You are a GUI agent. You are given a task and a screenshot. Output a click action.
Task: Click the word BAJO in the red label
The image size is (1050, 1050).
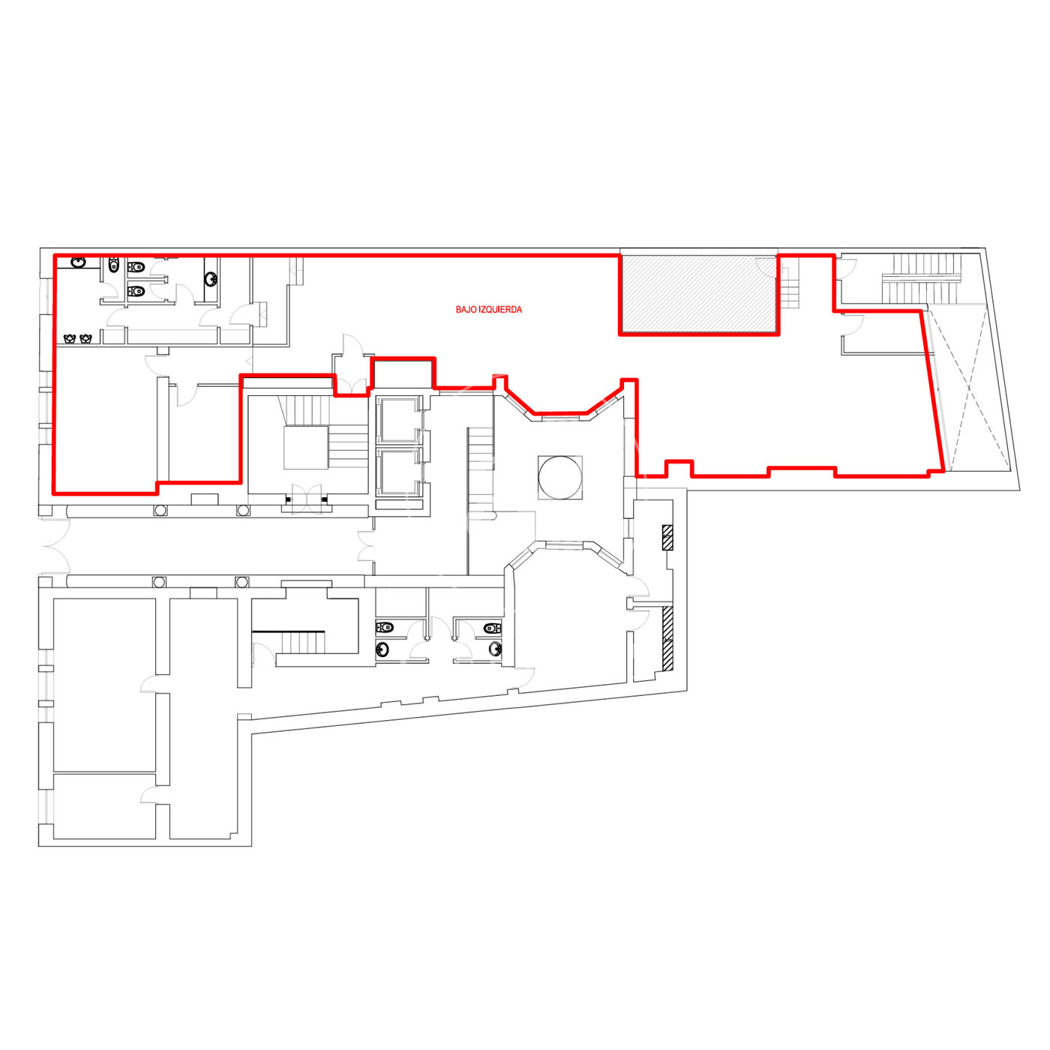coord(466,310)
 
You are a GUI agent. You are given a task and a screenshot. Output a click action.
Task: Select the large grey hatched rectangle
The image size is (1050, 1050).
coord(699,294)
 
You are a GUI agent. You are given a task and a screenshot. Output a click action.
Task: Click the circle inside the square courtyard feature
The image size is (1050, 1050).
coord(559,477)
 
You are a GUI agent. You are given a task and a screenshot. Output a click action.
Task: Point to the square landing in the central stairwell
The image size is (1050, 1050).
coord(306,447)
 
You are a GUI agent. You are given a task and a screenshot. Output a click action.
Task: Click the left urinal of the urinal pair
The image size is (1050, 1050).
coord(70,339)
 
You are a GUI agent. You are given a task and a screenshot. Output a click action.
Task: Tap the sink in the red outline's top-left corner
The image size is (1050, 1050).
coord(79,262)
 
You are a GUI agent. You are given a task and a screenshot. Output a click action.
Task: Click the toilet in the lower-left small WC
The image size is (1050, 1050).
coord(385,627)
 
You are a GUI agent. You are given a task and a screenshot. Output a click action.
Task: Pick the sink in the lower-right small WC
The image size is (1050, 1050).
coord(495,649)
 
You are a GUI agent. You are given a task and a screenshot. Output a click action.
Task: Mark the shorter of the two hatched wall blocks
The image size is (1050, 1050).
coord(667,537)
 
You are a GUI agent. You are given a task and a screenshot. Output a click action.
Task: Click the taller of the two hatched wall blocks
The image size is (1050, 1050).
coord(667,638)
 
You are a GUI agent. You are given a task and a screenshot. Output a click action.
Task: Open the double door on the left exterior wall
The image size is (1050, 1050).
coord(55,545)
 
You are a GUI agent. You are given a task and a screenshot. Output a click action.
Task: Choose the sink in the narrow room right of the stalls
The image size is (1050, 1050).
coord(211,280)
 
